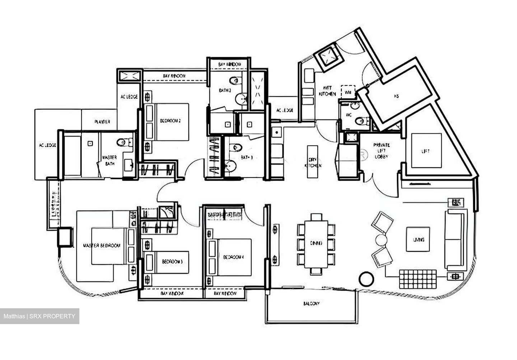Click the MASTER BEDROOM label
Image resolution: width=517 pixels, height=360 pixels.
pos(102,246)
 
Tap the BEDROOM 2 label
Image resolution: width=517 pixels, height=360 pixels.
pos(170,121)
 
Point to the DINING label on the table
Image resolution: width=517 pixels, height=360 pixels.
pos(316,243)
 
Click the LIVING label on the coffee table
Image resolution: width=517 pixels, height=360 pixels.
pos(418,240)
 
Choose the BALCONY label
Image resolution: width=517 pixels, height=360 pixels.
pos(311,304)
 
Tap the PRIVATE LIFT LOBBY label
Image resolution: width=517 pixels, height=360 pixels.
pos(381,151)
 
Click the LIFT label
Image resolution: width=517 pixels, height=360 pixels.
pos(425,151)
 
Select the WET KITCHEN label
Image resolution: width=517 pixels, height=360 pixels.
pos(327,91)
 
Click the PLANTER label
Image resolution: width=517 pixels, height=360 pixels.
pos(102,122)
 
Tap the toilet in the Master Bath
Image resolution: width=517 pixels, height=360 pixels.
pos(122,143)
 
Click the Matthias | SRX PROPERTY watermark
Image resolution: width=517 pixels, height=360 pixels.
pos(39,317)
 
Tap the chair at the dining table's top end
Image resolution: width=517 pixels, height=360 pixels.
pos(316,217)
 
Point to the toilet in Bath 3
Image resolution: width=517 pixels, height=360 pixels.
pos(235,147)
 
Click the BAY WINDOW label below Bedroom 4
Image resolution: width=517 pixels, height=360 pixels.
pos(225,294)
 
